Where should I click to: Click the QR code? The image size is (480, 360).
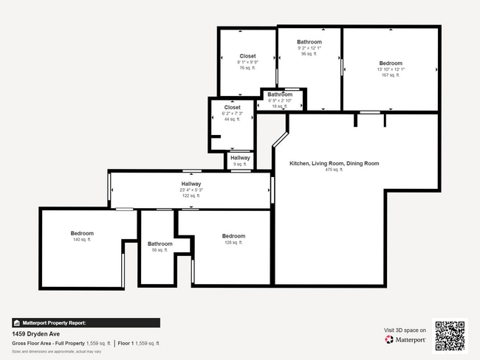click(450, 335)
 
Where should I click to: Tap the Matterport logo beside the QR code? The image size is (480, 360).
click(405, 340)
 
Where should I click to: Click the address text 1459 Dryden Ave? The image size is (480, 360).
click(36, 333)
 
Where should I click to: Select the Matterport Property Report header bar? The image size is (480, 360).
click(86, 322)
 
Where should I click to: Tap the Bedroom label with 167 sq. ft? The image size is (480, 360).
click(391, 63)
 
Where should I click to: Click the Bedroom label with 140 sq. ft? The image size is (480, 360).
click(82, 233)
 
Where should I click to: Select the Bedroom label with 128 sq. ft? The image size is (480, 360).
click(233, 236)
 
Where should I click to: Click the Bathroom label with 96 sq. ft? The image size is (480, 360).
click(309, 42)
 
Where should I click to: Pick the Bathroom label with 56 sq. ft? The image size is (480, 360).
click(160, 243)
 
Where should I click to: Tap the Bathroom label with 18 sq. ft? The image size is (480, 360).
click(280, 94)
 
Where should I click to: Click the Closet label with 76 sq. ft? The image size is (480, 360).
click(248, 56)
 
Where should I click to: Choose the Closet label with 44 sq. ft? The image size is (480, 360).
click(233, 107)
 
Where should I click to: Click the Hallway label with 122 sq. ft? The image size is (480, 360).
click(191, 184)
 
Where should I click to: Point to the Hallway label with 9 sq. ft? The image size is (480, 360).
click(240, 158)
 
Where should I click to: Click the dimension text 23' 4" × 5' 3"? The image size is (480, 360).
click(191, 190)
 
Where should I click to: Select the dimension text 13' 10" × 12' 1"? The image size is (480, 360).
click(391, 69)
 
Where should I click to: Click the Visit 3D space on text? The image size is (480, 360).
click(405, 330)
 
